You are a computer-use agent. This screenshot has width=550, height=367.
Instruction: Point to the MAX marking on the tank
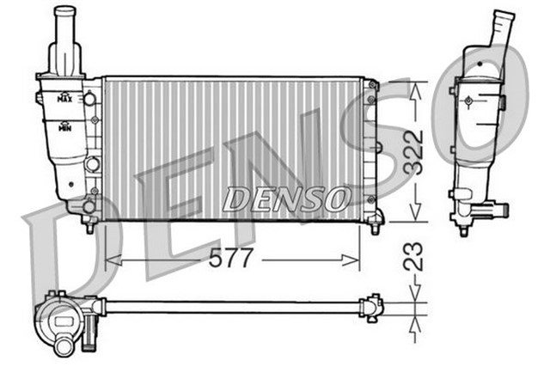pyautogui.click(x=64, y=98)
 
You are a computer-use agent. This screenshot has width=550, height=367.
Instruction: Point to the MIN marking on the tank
pyautogui.click(x=64, y=127)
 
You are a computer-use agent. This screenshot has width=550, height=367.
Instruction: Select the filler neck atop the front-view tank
pyautogui.click(x=65, y=39)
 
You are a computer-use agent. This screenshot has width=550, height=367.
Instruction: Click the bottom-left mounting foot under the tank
pyautogui.click(x=89, y=225)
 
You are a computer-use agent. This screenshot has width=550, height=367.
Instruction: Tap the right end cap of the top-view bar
pyautogui.click(x=372, y=306)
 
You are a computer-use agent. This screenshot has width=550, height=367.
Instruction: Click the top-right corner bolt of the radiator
pyautogui.click(x=371, y=85)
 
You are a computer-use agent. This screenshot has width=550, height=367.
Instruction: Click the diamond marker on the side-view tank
pyautogui.click(x=467, y=101)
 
